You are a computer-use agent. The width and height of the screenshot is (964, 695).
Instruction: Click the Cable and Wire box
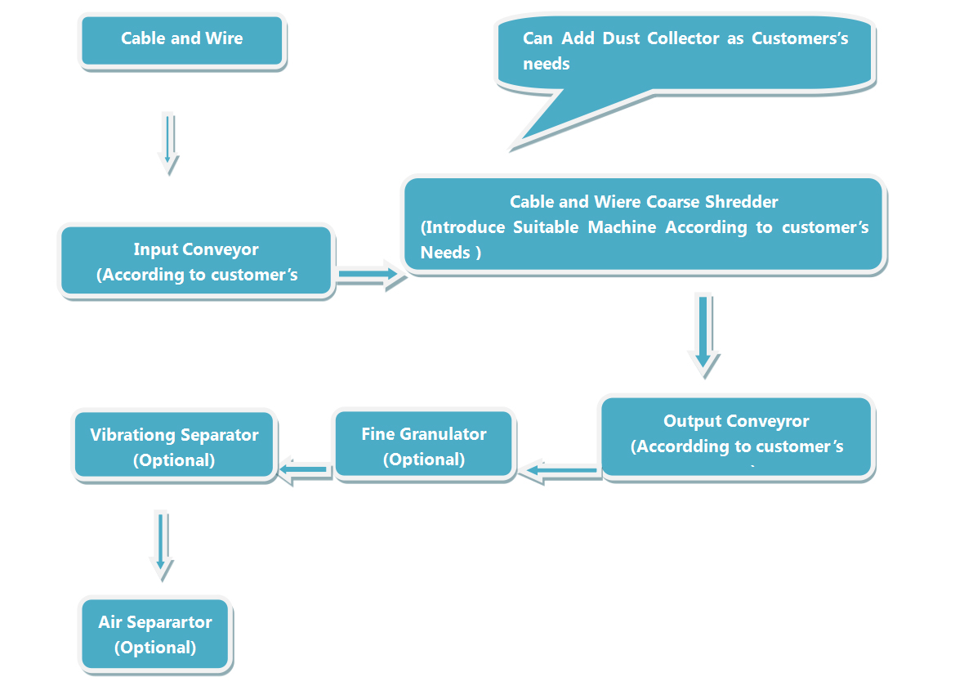point(182,40)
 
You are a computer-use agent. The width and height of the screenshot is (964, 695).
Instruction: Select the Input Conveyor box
point(196,262)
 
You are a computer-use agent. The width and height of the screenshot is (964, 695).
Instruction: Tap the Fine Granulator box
point(423,446)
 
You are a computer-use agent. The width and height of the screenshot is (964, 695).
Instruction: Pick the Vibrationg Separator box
point(174,446)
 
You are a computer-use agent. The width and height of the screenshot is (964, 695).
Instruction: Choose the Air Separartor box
point(155,634)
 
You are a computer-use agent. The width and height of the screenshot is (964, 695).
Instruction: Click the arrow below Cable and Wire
point(168,142)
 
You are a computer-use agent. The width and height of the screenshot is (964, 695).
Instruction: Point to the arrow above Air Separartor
point(161,544)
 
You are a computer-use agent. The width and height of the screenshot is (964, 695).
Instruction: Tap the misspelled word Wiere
point(618,202)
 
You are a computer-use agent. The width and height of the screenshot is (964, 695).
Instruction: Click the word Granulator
point(444,434)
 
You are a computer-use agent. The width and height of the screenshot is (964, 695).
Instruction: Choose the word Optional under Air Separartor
point(155,648)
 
